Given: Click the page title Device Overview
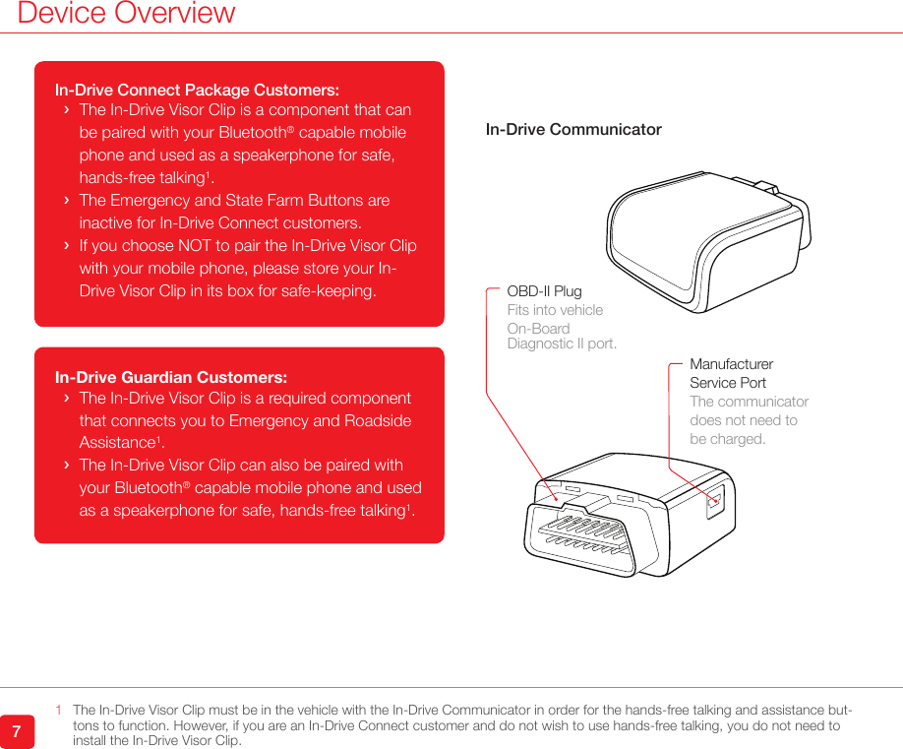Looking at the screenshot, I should pyautogui.click(x=126, y=14).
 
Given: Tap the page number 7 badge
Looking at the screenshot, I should pyautogui.click(x=17, y=731).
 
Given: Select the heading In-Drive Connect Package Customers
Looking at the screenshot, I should pyautogui.click(x=197, y=90).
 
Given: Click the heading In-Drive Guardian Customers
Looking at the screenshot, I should pyautogui.click(x=171, y=377).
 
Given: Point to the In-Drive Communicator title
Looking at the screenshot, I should pyautogui.click(x=573, y=129).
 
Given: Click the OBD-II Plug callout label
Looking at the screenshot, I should pyautogui.click(x=544, y=291).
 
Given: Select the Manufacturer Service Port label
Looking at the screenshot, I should pyautogui.click(x=731, y=373).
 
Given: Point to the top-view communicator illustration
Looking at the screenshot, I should pyautogui.click(x=708, y=229).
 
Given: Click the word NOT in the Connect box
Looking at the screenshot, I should pyautogui.click(x=198, y=245).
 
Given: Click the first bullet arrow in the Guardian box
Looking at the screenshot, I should pyautogui.click(x=66, y=399).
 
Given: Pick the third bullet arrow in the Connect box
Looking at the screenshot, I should pyautogui.click(x=66, y=245).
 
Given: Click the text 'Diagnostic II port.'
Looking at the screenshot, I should pyautogui.click(x=562, y=343).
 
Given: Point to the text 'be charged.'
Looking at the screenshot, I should pyautogui.click(x=727, y=439).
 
